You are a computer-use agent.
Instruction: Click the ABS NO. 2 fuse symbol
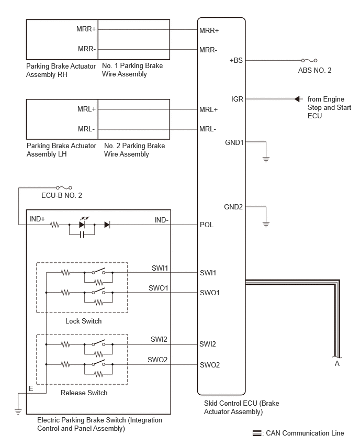[309, 60]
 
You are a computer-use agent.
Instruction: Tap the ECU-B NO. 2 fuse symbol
[64, 188]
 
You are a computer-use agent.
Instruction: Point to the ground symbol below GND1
[266, 159]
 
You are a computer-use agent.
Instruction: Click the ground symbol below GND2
[266, 224]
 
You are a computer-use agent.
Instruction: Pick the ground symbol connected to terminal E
[18, 411]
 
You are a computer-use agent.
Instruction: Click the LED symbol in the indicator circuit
[82, 223]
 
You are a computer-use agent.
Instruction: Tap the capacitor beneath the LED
[82, 235]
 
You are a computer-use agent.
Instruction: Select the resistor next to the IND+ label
[54, 225]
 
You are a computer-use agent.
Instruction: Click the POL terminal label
[207, 225]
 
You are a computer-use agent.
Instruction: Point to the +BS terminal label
[236, 60]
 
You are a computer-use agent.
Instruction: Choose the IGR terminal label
[237, 99]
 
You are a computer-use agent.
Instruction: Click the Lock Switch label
[83, 321]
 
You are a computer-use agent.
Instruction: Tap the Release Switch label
[84, 393]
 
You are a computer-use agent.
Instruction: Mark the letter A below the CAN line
[337, 363]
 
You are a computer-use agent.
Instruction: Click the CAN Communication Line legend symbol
[257, 433]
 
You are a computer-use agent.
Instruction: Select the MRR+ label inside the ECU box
[209, 30]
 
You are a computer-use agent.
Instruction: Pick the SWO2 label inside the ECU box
[210, 365]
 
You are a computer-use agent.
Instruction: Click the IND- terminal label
[161, 220]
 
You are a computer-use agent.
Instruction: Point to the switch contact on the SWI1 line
[98, 271]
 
